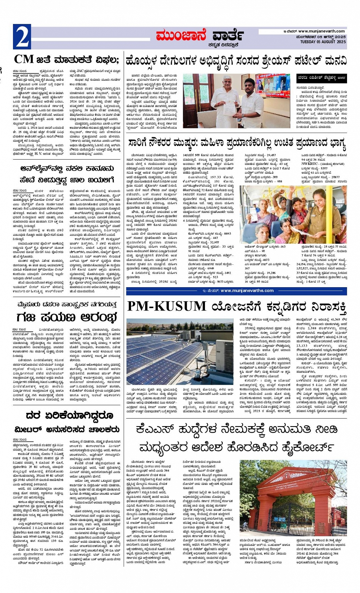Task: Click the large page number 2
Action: tap(22, 37)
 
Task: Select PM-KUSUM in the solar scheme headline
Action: tap(166, 307)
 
